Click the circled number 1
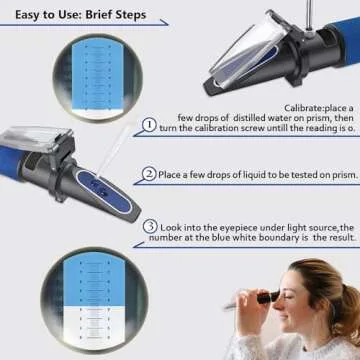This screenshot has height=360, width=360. [150, 125]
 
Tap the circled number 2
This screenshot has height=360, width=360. [150, 174]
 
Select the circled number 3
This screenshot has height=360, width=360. [150, 226]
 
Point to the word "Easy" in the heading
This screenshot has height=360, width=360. [26, 14]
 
